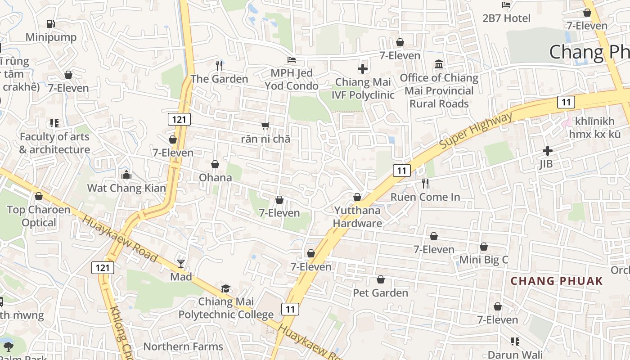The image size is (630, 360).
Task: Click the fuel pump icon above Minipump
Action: pos(50,23)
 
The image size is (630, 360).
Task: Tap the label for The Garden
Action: pos(219,79)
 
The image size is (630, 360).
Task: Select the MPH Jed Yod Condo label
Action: pos(291,79)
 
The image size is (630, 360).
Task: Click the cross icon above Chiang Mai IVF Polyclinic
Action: pos(363,69)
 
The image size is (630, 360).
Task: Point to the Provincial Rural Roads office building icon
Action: pos(439,64)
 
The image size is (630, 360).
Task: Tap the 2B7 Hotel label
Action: pos(506,18)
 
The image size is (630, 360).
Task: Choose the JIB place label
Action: pos(546,164)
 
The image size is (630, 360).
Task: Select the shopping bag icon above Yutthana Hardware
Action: pos(357,197)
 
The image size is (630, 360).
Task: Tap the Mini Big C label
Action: pos(483,260)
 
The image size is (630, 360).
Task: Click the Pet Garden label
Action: pos(380,293)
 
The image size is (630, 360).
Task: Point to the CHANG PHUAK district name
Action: pos(556,281)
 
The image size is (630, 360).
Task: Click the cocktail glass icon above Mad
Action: pos(181,263)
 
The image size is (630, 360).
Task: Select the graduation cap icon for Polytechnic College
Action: pos(225,288)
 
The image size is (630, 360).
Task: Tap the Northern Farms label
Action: pos(183,346)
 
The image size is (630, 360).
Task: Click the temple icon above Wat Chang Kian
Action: pos(126,175)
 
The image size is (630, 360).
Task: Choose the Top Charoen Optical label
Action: pos(39,216)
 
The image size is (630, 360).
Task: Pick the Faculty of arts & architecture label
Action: pos(54,143)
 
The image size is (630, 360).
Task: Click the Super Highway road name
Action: pos(476,131)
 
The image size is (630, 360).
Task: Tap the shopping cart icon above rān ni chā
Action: pos(265,126)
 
